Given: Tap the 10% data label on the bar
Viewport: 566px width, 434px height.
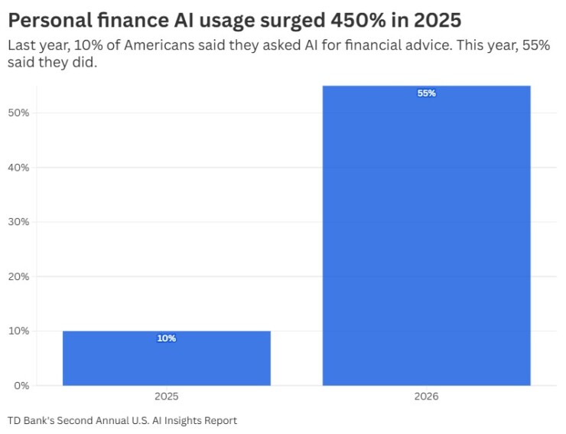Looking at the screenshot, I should point(166,338).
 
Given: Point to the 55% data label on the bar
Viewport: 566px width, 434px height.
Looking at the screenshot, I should point(426,93).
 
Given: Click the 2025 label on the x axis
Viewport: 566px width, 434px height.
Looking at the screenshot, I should point(166,398).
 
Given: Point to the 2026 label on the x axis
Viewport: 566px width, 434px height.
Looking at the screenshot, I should point(426,398).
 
